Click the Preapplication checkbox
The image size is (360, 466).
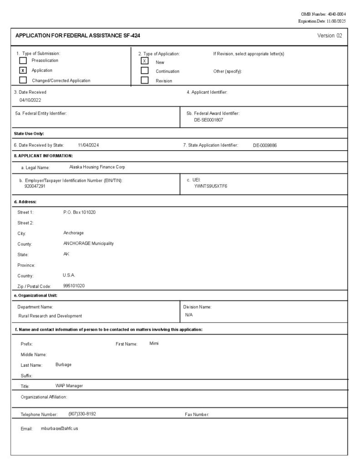23,61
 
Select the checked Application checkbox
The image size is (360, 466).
23,70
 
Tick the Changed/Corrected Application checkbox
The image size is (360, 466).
23,80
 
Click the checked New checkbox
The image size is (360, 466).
145,61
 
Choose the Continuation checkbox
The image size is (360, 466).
145,71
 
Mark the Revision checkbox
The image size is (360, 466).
145,81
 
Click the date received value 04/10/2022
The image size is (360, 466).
30,100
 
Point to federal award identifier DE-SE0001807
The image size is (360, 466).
208,120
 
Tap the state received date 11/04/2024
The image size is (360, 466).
88,145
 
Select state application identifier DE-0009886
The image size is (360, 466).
265,146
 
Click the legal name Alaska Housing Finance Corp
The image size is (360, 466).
97,167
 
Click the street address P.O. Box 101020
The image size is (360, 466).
79,212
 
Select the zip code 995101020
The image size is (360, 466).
74,286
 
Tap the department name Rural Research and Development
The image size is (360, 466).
50,315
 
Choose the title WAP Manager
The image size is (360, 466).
69,386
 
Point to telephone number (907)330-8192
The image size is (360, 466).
82,414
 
